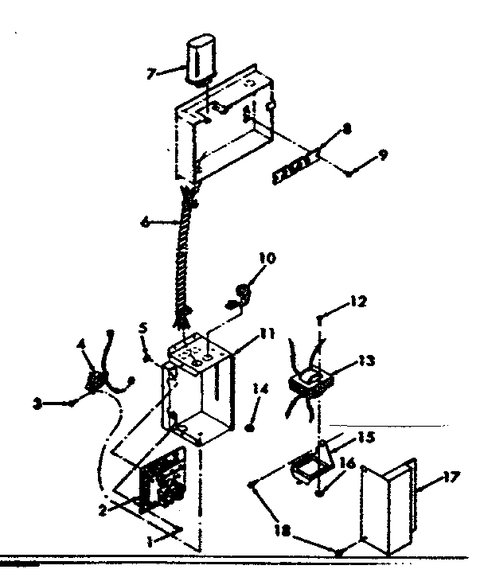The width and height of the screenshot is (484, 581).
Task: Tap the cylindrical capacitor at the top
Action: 200,59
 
